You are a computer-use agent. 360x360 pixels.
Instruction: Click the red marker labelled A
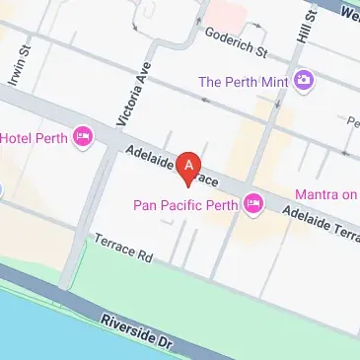tap(189, 166)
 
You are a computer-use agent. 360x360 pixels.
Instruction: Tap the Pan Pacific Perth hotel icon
tap(253, 203)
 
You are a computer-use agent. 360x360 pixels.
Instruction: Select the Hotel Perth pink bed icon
tap(84, 136)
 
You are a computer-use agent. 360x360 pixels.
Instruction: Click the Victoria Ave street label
tap(125, 100)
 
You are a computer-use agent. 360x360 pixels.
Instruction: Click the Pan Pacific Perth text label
tap(185, 207)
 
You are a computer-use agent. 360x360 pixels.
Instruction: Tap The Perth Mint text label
tap(246, 81)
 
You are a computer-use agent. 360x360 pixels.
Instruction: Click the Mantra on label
tap(327, 194)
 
